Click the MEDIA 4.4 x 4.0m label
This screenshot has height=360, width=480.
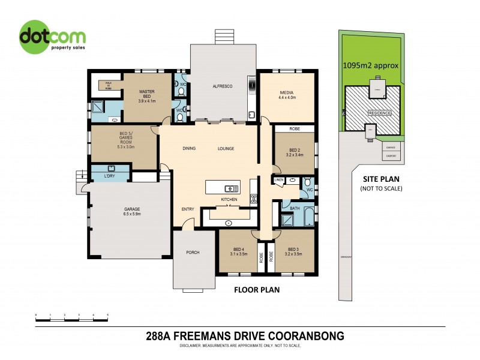[287, 94]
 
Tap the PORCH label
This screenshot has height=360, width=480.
[193, 252]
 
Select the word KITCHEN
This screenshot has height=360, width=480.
[229, 199]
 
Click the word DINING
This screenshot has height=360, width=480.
[190, 148]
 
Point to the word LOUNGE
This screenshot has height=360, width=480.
[226, 148]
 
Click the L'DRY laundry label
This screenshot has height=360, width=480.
[110, 176]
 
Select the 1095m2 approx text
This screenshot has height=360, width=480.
[370, 65]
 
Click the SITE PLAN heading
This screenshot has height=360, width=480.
[381, 179]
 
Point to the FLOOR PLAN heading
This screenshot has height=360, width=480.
[256, 290]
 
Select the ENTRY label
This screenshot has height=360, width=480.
[188, 209]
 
